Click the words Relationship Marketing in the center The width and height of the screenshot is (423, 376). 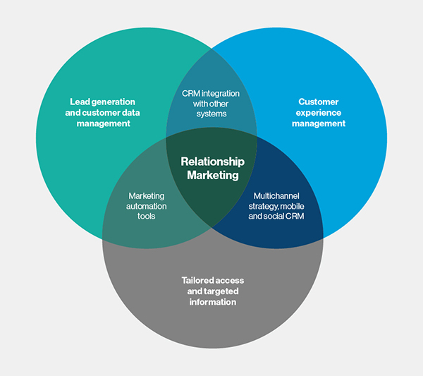(212, 168)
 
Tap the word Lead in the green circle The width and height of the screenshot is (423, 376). (82, 102)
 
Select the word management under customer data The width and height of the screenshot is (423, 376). (104, 123)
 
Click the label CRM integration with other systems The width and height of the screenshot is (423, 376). (210, 103)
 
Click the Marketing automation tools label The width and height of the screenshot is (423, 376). (147, 205)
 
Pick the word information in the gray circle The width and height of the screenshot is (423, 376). (212, 302)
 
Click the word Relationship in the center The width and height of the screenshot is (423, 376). (212, 162)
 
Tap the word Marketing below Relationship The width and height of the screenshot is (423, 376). (212, 175)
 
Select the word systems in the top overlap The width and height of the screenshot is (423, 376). (210, 114)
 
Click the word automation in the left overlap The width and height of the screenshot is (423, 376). (147, 205)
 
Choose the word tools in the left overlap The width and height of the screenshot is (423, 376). (147, 216)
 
